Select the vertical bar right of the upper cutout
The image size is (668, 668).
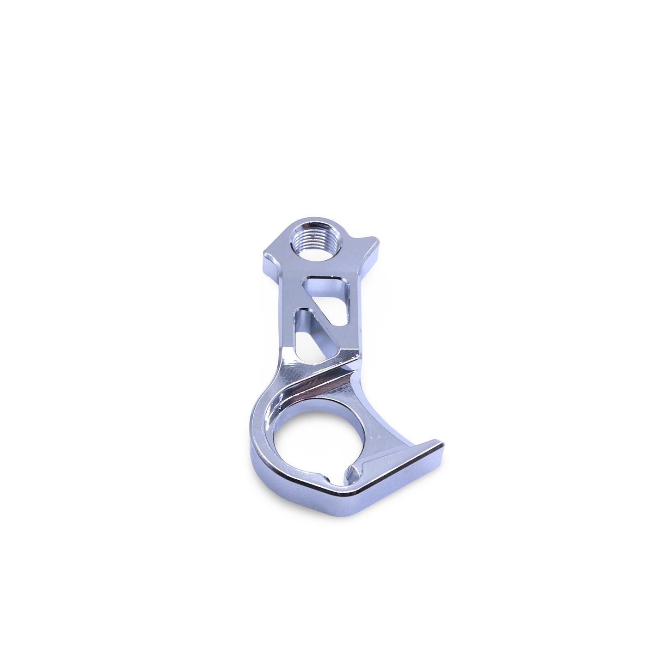tap(356, 314)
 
